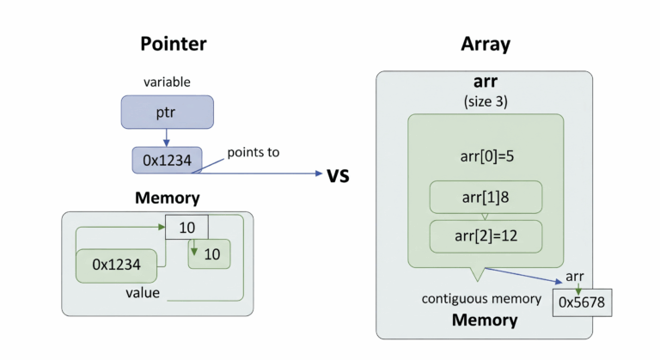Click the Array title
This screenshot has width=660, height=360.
(x=485, y=44)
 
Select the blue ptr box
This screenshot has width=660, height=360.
(x=167, y=113)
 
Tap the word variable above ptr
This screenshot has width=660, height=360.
(x=167, y=82)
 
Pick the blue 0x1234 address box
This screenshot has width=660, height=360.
(x=167, y=159)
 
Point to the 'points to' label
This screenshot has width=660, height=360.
(x=254, y=152)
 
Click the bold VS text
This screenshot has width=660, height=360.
(x=342, y=176)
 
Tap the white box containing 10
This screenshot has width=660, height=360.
(x=186, y=228)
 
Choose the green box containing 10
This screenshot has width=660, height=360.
(x=210, y=253)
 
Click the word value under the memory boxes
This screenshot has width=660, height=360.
(x=143, y=292)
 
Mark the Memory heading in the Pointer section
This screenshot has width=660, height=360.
(x=167, y=198)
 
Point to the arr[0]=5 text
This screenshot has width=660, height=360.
(x=485, y=157)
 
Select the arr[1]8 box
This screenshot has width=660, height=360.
(x=485, y=197)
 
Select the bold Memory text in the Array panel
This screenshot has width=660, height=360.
(x=485, y=320)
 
